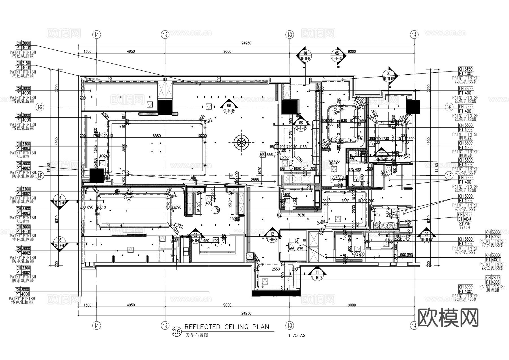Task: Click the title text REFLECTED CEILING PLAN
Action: coord(227,327)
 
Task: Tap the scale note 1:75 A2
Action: coord(297,336)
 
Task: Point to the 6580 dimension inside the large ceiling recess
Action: coord(156,136)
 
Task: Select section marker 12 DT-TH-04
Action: coord(272,236)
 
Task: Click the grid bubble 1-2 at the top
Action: coord(165,35)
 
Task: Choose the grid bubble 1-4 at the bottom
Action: coord(414,325)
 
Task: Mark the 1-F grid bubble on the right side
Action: coord(449,176)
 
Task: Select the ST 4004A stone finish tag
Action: coord(465,219)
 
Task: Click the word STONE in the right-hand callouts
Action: coord(465,223)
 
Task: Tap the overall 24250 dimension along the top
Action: coord(246,43)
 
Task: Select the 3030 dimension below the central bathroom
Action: coord(301,215)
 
